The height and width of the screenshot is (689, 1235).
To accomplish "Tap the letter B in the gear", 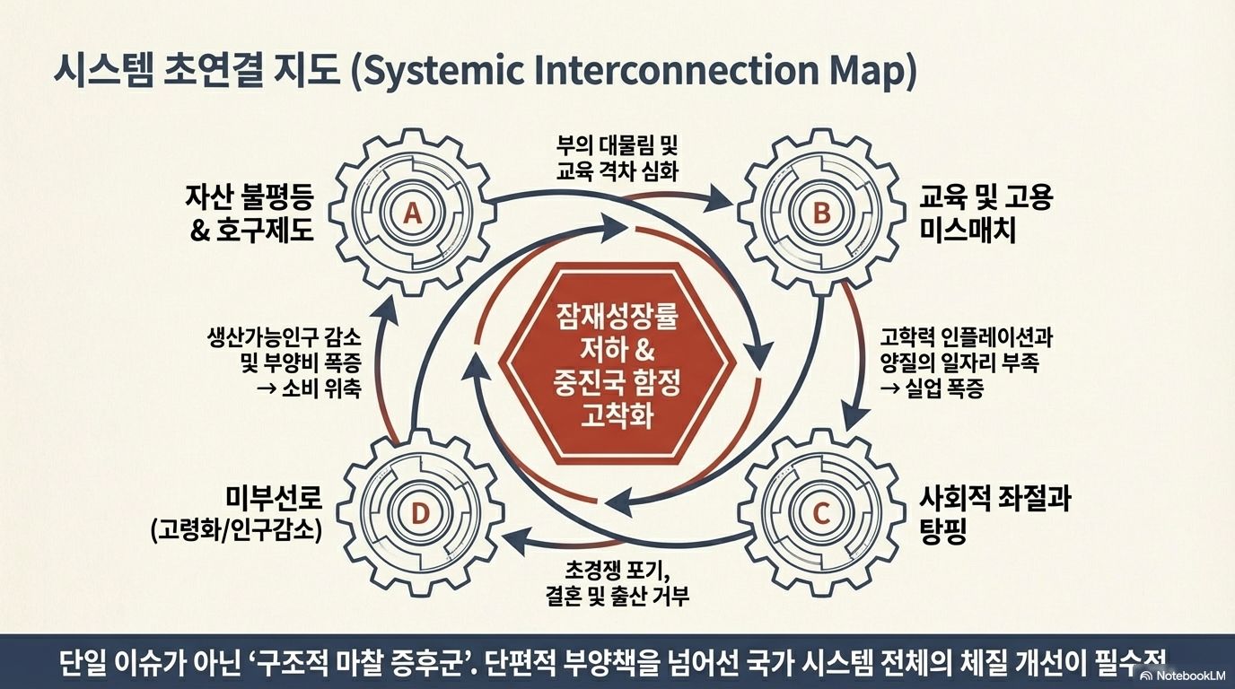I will (x=821, y=213).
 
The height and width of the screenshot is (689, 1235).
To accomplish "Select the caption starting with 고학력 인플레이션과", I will (x=965, y=363).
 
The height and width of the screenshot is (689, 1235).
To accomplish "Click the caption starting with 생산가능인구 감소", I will (x=284, y=364).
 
